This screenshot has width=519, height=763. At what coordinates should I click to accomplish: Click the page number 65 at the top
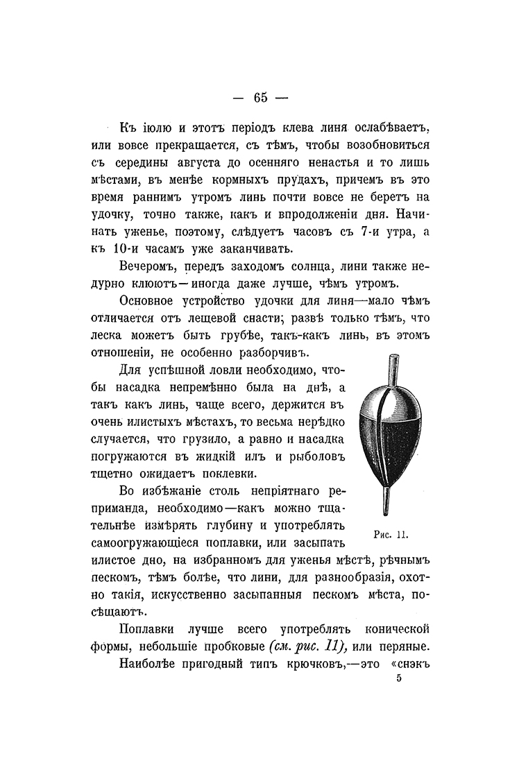260,97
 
